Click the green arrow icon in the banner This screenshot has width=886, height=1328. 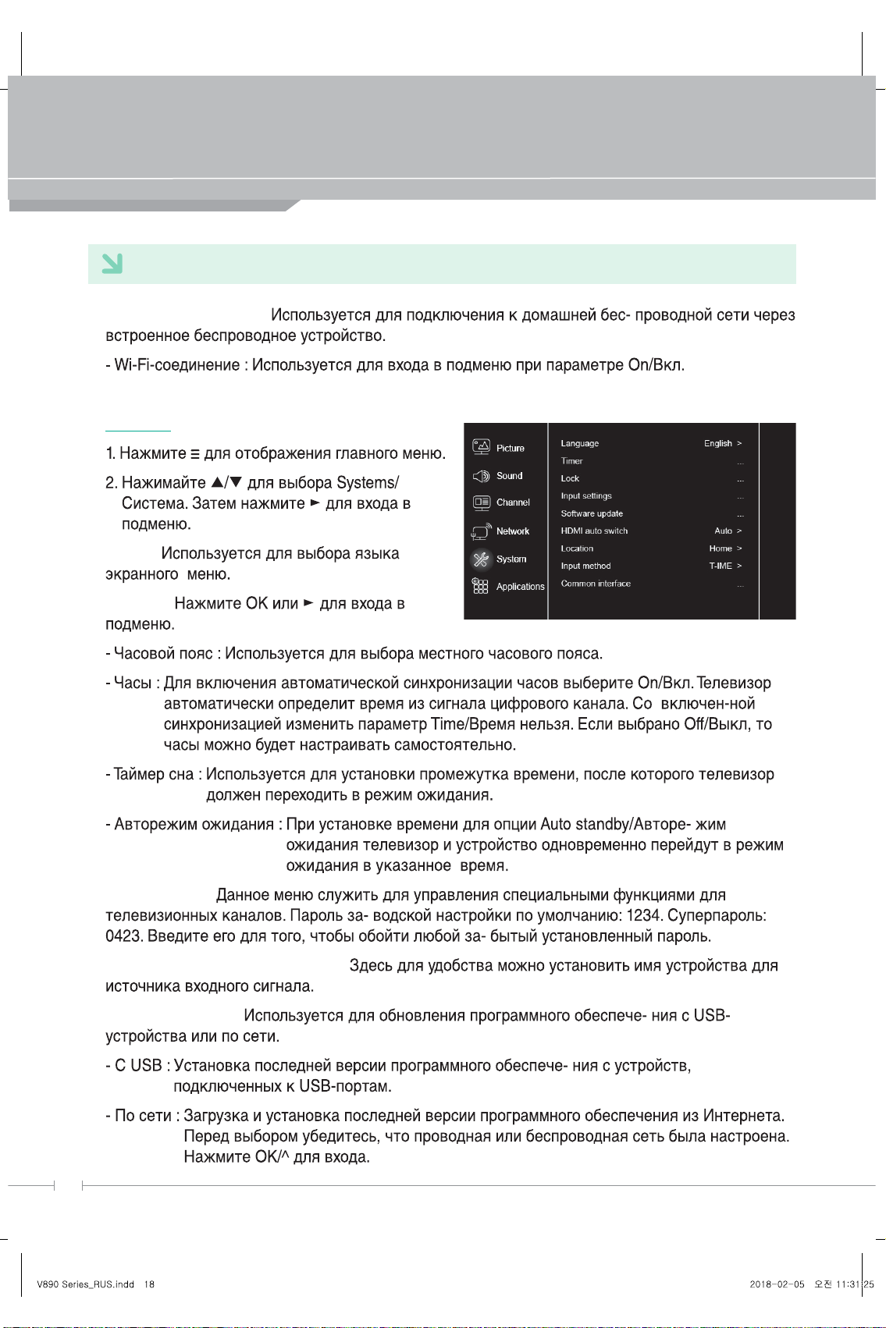[x=112, y=264]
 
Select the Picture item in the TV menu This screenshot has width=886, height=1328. [x=510, y=448]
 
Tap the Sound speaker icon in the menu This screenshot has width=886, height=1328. [x=481, y=476]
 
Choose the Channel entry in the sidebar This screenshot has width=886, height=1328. [x=513, y=502]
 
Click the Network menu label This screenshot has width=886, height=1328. [x=512, y=531]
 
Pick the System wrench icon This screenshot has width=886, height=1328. [x=481, y=559]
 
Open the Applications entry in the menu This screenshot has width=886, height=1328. [x=520, y=587]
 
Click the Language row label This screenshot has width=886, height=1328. [x=579, y=443]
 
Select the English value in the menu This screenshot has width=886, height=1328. [x=717, y=443]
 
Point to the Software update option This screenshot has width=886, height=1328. [x=592, y=513]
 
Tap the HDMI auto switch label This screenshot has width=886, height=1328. [x=594, y=531]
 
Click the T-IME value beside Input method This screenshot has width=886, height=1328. [x=720, y=566]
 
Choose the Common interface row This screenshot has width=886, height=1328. [x=596, y=584]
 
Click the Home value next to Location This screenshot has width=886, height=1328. [x=720, y=549]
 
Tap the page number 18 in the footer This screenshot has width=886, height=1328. [x=149, y=1284]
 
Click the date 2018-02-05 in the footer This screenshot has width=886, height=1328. [x=777, y=1284]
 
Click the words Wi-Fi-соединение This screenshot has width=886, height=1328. [x=177, y=365]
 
